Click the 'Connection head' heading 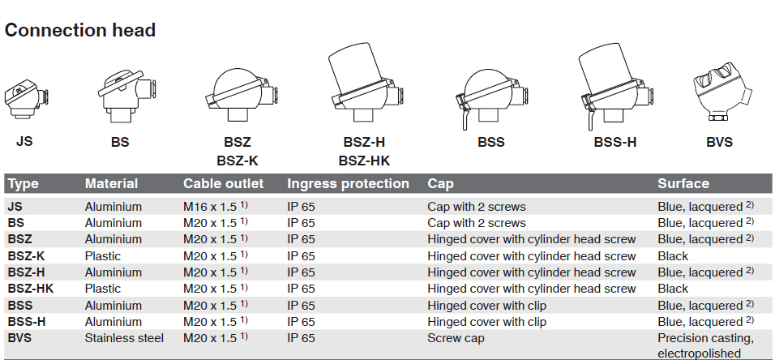click(80, 31)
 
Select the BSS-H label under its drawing click(614, 143)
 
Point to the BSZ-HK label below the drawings click(364, 161)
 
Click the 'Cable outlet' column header click(224, 184)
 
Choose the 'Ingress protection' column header click(348, 184)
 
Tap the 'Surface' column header click(683, 184)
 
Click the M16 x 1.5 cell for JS click(215, 207)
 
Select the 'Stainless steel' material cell click(124, 338)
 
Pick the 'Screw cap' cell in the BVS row click(456, 339)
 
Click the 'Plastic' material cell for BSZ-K click(103, 256)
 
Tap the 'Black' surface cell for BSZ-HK click(673, 289)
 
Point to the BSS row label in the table click(20, 306)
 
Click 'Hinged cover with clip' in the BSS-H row click(487, 322)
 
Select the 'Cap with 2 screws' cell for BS click(477, 223)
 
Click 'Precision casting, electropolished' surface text click(706, 346)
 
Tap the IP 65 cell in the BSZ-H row click(301, 272)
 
